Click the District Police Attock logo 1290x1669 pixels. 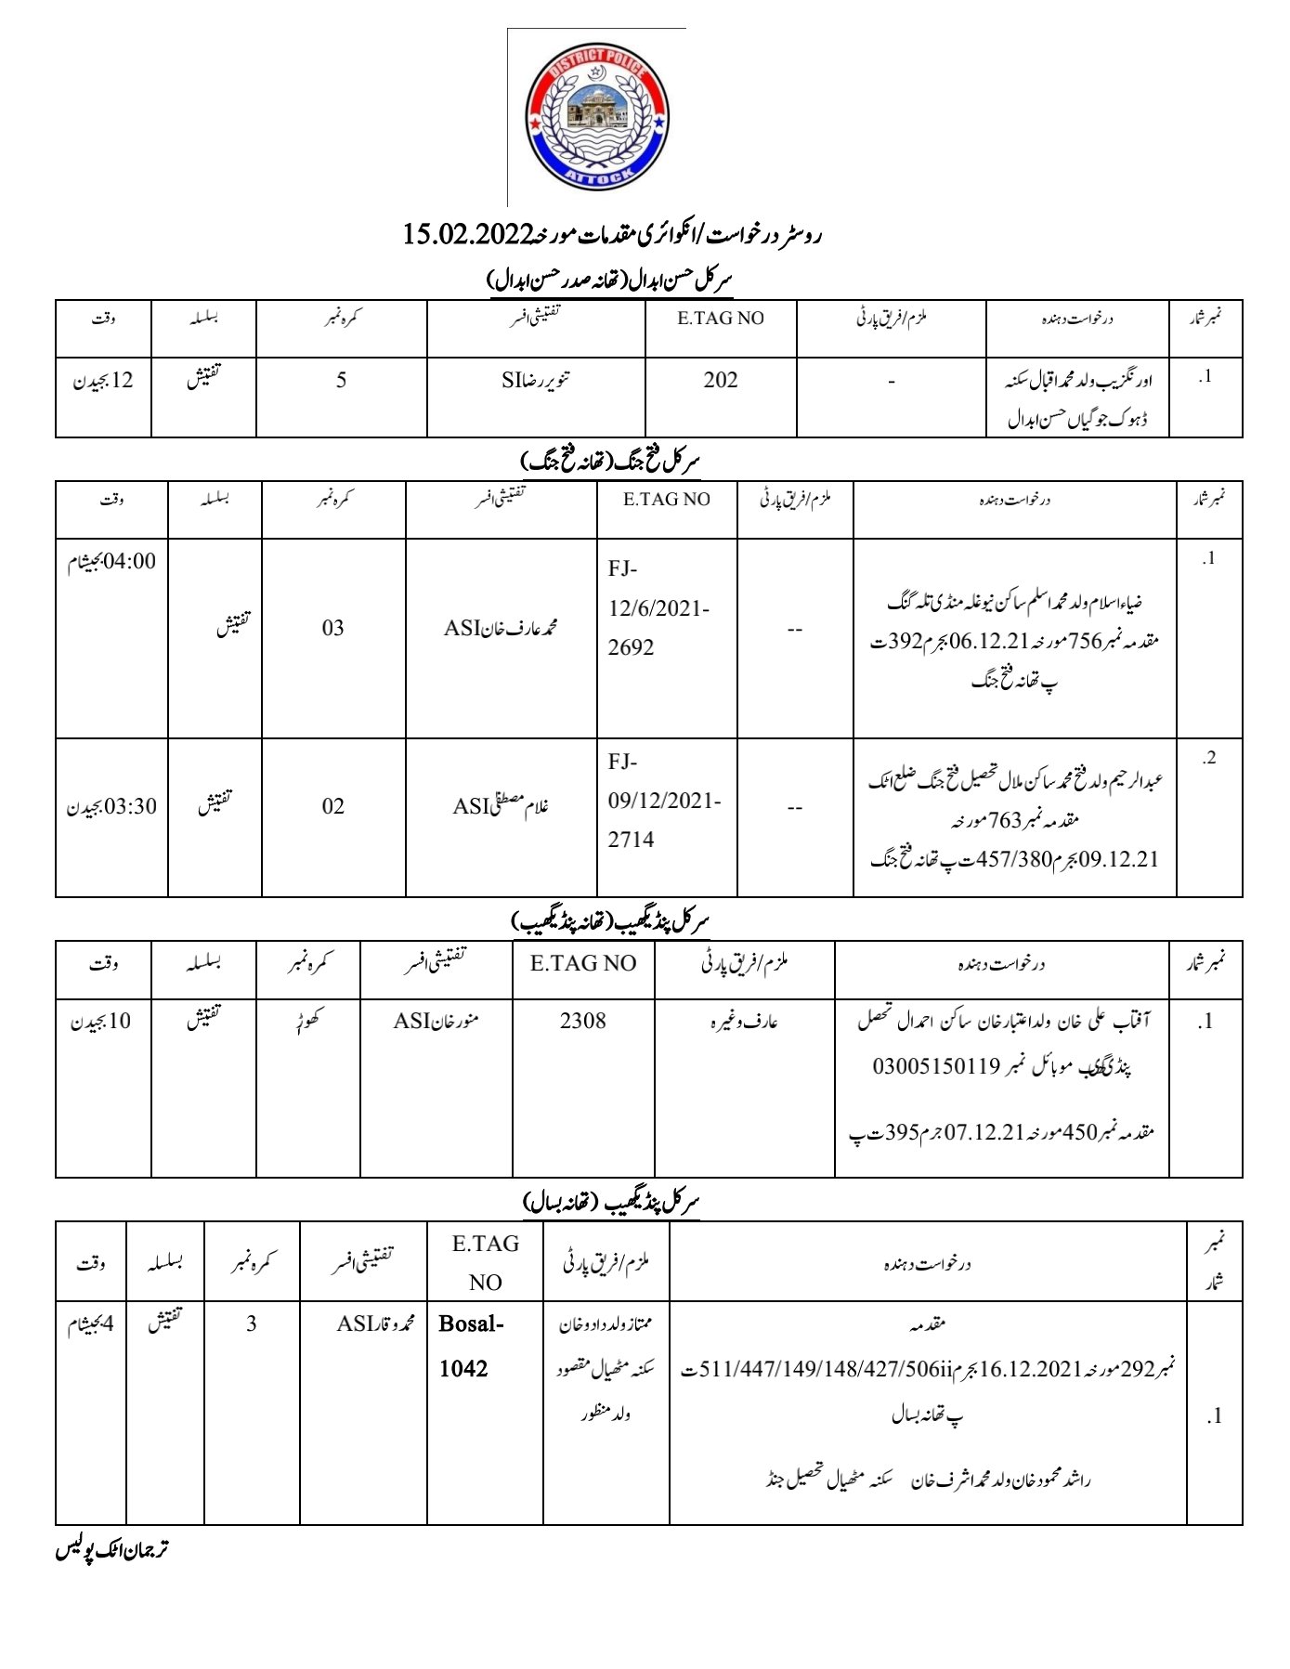[x=597, y=118]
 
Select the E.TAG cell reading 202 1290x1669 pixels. [x=721, y=380]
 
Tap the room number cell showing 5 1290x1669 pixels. [x=342, y=380]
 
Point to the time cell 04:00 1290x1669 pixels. [x=112, y=562]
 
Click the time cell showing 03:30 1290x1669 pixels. [x=112, y=806]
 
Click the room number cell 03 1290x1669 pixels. [x=333, y=629]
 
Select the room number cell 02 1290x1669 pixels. [x=333, y=806]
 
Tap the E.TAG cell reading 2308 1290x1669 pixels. [x=583, y=1021]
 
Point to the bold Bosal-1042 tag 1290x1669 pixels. [x=471, y=1346]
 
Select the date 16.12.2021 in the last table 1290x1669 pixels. [x=1031, y=1369]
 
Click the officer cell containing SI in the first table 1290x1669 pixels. [x=536, y=380]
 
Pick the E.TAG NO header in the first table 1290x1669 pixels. [x=721, y=319]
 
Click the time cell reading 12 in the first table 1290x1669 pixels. [x=103, y=380]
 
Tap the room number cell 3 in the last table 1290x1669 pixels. [x=252, y=1324]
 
